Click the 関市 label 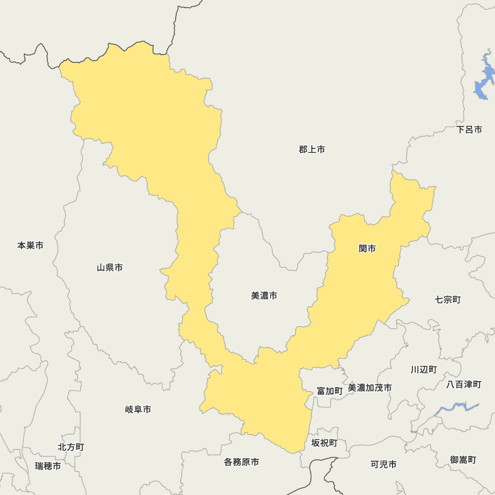click(367, 248)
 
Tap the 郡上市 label click(312, 149)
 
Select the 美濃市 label click(264, 296)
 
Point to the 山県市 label click(109, 268)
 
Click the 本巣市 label click(30, 245)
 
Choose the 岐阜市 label click(138, 409)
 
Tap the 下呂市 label click(469, 130)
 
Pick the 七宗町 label click(447, 299)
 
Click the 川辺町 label click(423, 369)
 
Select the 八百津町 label click(463, 384)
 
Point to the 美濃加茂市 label click(369, 388)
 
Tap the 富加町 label click(329, 391)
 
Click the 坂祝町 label click(324, 443)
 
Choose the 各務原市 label click(241, 462)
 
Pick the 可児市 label click(383, 464)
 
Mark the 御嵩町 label click(463, 459)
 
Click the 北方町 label click(71, 447)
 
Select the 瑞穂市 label click(48, 466)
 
